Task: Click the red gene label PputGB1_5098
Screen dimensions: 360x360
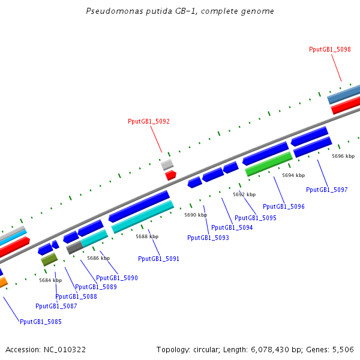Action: (x=329, y=50)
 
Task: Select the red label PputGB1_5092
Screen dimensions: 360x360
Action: (x=149, y=121)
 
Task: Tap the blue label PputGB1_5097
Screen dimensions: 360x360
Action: (x=327, y=190)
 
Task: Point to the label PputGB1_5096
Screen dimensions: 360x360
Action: (x=284, y=206)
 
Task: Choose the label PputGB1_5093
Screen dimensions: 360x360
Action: (x=208, y=238)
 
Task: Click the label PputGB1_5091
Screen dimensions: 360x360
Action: (x=158, y=259)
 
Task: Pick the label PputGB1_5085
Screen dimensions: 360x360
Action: (x=41, y=322)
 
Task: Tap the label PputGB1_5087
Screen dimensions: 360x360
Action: (x=56, y=306)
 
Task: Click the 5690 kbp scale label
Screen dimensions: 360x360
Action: (x=196, y=215)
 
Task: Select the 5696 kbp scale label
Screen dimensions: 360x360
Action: (x=343, y=157)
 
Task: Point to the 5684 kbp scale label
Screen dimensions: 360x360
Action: (x=50, y=280)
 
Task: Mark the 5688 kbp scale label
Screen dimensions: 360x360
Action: (x=147, y=237)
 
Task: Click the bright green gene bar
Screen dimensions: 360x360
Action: (x=269, y=164)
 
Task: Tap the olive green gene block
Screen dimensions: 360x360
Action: (x=49, y=259)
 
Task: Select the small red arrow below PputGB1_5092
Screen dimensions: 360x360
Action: (x=170, y=175)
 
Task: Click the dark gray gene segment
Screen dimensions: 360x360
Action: (x=74, y=247)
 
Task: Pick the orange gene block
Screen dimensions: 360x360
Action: (x=3, y=283)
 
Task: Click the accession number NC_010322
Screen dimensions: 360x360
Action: (x=65, y=350)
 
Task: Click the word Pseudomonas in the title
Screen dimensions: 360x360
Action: (x=115, y=11)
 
